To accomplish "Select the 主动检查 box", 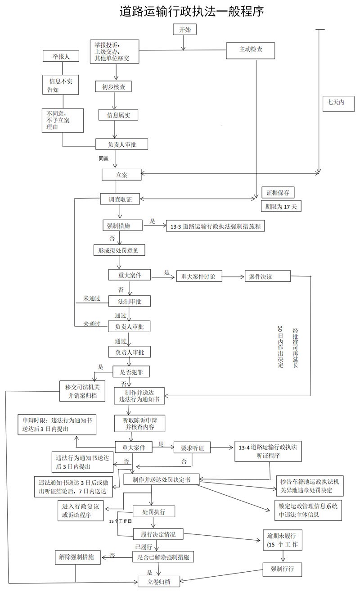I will [x=251, y=51].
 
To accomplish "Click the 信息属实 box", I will [x=118, y=115].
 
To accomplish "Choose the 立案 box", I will [x=121, y=175].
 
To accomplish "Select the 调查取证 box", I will [x=120, y=199].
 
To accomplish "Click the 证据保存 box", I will [x=278, y=193].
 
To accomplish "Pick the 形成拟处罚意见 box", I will [x=119, y=250].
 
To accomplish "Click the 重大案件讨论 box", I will [x=199, y=276].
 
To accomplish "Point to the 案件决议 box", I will [x=261, y=276].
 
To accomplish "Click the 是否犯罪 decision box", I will [x=130, y=372].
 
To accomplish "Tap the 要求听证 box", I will [x=192, y=449].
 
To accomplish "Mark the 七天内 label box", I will [x=336, y=102].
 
